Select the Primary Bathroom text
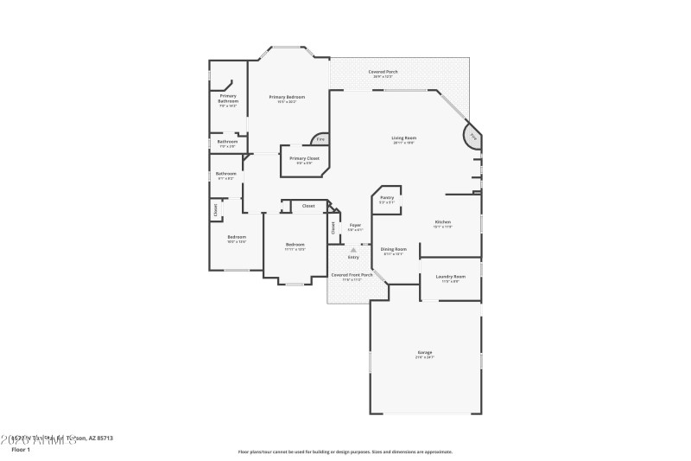[x=228, y=99]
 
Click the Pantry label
[x=386, y=198]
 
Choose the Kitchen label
[x=442, y=222]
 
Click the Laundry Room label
[x=450, y=277]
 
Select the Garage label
[x=425, y=352]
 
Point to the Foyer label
[x=355, y=226]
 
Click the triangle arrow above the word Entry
[x=353, y=250]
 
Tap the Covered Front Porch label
[x=352, y=275]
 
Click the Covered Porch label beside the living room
[x=382, y=72]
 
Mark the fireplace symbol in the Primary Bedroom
[x=319, y=138]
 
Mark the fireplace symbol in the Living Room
[x=472, y=137]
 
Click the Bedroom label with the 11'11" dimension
[x=295, y=245]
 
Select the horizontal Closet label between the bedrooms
[x=308, y=206]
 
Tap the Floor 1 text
[x=20, y=450]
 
